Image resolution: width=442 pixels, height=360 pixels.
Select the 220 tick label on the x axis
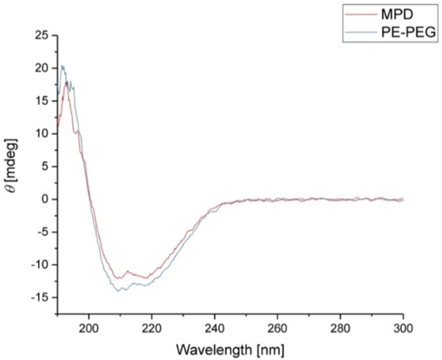tap(152, 328)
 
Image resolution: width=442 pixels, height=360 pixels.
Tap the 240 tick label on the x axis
tap(214, 328)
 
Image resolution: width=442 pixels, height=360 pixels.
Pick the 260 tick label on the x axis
tap(277, 328)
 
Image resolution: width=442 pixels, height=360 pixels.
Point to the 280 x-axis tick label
tap(340, 328)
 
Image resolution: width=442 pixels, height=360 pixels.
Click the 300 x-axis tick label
tap(403, 328)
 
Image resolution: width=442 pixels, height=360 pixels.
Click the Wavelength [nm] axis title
tap(230, 348)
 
